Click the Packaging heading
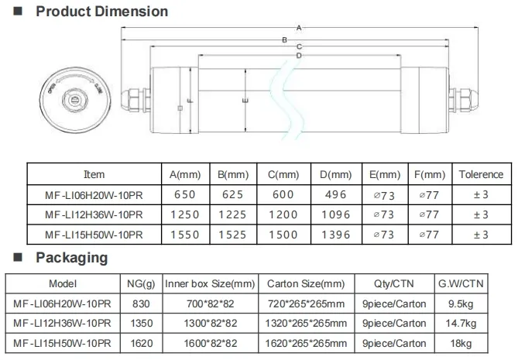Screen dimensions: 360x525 pyautogui.click(x=71, y=258)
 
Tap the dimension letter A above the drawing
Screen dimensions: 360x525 pyautogui.click(x=298, y=28)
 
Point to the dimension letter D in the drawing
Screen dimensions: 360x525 pyautogui.click(x=298, y=56)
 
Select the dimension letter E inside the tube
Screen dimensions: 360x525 pyautogui.click(x=245, y=101)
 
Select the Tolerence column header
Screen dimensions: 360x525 pyautogui.click(x=480, y=175)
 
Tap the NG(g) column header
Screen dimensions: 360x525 pyautogui.click(x=140, y=284)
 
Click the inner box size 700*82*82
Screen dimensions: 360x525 pyautogui.click(x=211, y=303)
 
